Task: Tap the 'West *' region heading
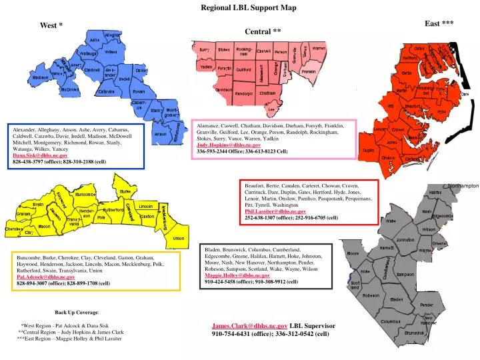[51, 25]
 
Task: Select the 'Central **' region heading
[263, 31]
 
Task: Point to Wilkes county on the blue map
[111, 52]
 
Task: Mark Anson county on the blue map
[160, 134]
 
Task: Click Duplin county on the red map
[368, 151]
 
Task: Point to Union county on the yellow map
[178, 238]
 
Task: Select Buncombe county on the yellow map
[85, 194]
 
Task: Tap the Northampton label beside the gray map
[464, 186]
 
